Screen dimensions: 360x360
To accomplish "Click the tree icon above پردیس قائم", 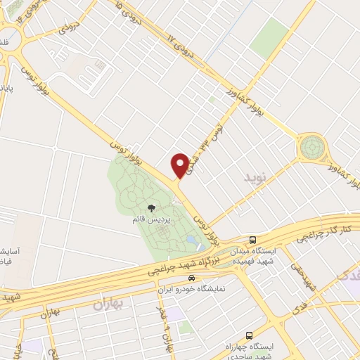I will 151,208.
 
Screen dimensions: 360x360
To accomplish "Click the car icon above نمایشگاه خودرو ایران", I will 182,278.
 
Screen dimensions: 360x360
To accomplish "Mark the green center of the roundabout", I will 310,148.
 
